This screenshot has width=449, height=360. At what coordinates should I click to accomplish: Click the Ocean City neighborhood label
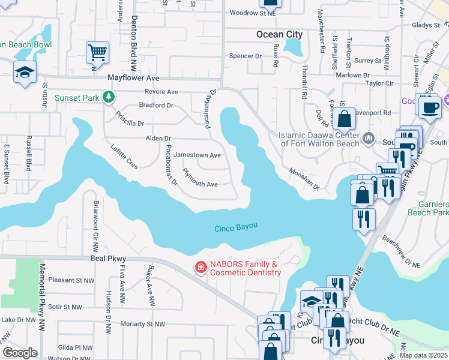pos(279,34)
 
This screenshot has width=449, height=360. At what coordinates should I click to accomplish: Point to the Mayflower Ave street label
pos(133,78)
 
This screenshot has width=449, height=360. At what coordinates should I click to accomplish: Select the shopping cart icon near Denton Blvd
pos(97,52)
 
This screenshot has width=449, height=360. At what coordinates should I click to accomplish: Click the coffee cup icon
pos(430,108)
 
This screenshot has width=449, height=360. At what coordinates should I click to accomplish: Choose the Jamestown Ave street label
pos(197,155)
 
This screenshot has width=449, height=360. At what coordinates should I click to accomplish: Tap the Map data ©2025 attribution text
pos(424,355)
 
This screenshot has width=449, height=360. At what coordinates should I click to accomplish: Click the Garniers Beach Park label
pos(428,208)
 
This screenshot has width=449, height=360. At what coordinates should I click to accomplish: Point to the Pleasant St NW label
pos(71,280)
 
